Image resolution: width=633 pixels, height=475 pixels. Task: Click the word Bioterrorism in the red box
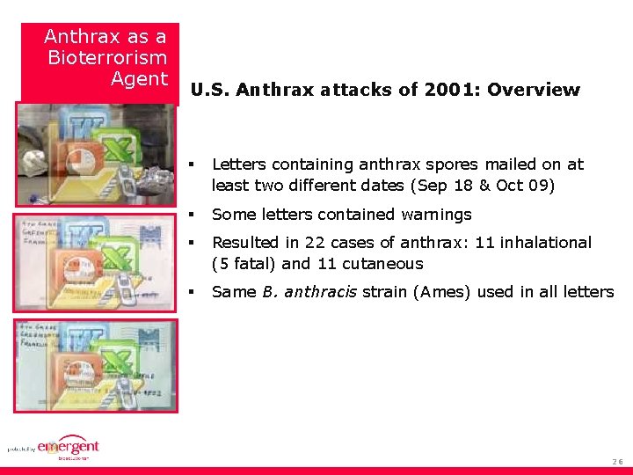point(107,58)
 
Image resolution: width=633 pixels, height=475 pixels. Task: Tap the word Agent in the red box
point(139,79)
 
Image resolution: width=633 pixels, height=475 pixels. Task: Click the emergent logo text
point(69,447)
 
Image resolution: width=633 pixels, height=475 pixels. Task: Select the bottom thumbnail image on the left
point(95,365)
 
